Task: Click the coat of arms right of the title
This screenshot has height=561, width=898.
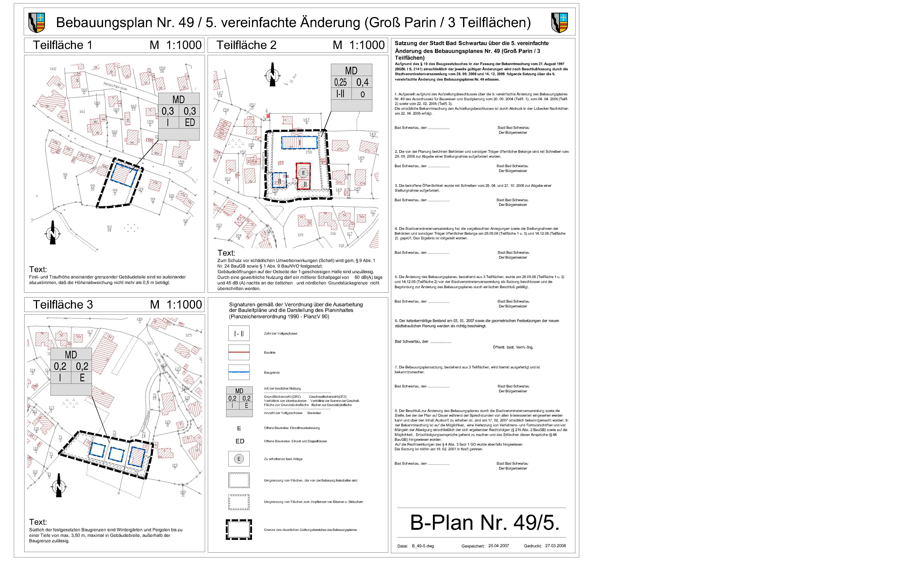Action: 559,23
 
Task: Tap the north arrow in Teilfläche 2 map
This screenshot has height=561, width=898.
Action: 272,75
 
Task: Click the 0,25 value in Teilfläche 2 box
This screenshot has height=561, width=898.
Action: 340,82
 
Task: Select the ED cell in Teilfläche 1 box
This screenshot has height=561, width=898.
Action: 190,122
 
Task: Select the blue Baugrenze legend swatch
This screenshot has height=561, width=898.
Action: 239,372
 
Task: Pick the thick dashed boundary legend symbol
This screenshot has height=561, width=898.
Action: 239,529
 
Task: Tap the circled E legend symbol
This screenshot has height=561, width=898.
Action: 239,459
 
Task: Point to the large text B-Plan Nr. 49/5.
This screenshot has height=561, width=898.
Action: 484,523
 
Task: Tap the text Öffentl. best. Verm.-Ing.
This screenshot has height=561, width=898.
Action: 513,347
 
